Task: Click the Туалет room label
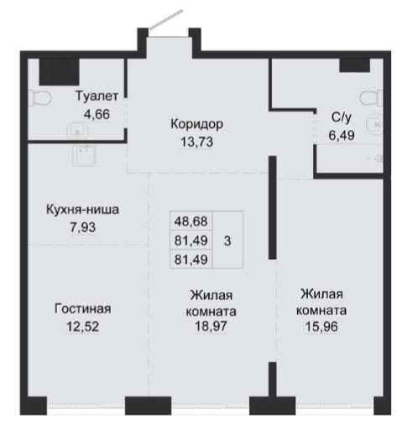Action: pos(97,96)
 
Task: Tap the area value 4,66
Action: pos(97,115)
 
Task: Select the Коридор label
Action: pos(196,124)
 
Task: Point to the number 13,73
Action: pos(196,142)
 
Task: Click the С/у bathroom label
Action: pos(342,117)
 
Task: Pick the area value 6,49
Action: pos(342,136)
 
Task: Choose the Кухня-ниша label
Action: pos(82,210)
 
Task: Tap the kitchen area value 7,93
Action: pos(82,228)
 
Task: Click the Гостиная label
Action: pos(82,308)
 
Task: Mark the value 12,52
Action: pos(82,327)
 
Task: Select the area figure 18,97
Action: pos(212,326)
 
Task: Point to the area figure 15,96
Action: pos(321,327)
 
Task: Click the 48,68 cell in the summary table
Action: pos(191,221)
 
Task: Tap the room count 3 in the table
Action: pos(227,241)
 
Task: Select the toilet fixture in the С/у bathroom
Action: pos(371,98)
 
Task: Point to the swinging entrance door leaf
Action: pos(166,19)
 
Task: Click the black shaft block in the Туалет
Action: pos(59,72)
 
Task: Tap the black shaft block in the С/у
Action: pos(354,65)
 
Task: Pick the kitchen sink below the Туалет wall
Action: pos(84,155)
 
